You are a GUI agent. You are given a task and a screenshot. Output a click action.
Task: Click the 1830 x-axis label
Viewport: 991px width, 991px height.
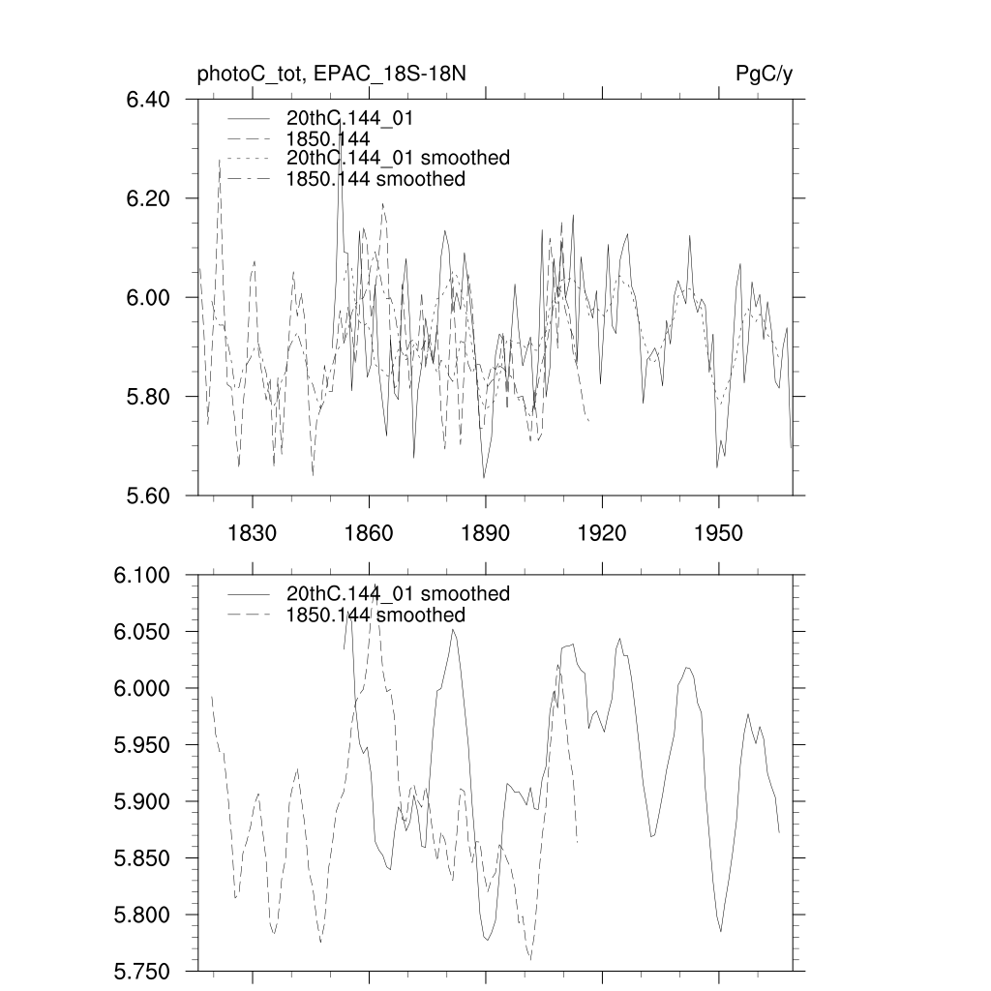(252, 534)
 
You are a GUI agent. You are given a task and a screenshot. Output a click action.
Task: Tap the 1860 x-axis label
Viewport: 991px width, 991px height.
(369, 534)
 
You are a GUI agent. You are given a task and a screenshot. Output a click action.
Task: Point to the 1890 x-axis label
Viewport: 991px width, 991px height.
(486, 534)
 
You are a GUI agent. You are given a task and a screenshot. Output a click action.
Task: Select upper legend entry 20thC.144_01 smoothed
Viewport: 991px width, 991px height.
(398, 158)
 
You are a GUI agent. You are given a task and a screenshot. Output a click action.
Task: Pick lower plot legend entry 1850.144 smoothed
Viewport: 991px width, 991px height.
(375, 616)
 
